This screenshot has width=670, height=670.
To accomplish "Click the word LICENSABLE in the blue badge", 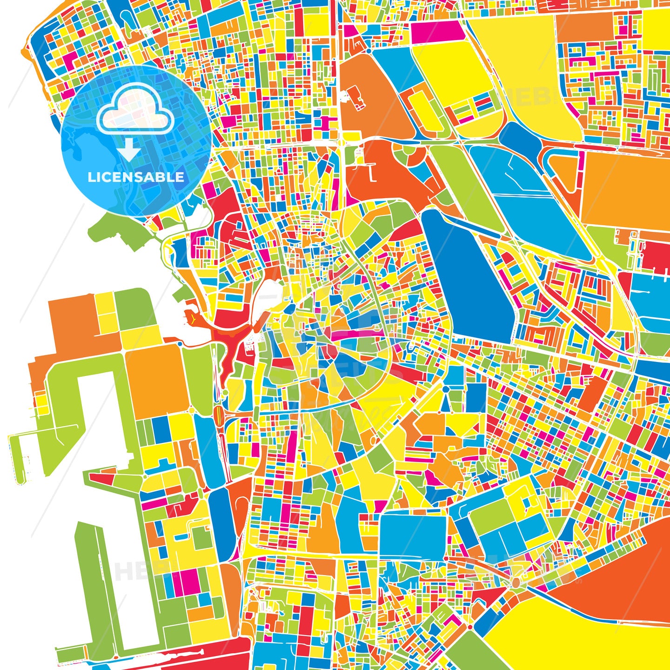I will [x=136, y=177].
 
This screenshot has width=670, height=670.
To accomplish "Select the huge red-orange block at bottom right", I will [x=623, y=577].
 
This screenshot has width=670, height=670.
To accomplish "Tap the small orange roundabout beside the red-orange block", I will [x=516, y=582].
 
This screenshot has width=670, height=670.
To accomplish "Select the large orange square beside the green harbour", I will [x=156, y=379].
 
